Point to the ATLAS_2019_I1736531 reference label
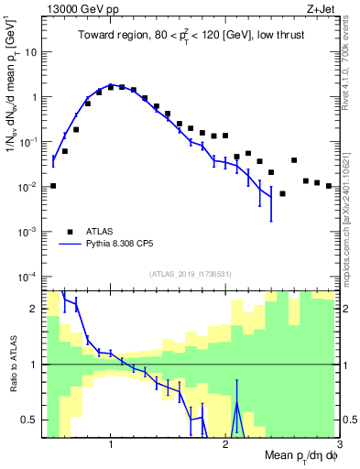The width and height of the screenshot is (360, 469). [x=191, y=274]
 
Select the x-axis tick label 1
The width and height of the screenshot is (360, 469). [x=111, y=445]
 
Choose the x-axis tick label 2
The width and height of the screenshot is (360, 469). [x=225, y=445]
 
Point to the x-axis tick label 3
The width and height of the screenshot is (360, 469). [x=338, y=445]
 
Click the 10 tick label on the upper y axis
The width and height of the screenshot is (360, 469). [x=29, y=51]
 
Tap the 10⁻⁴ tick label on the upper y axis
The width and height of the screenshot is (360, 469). [x=27, y=277]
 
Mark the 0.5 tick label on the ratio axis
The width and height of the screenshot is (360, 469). [x=28, y=420]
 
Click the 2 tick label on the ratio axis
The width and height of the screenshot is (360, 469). [x=33, y=309]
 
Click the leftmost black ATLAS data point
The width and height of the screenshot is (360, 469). [x=53, y=186]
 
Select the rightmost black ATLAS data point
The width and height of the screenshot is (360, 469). [x=328, y=186]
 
